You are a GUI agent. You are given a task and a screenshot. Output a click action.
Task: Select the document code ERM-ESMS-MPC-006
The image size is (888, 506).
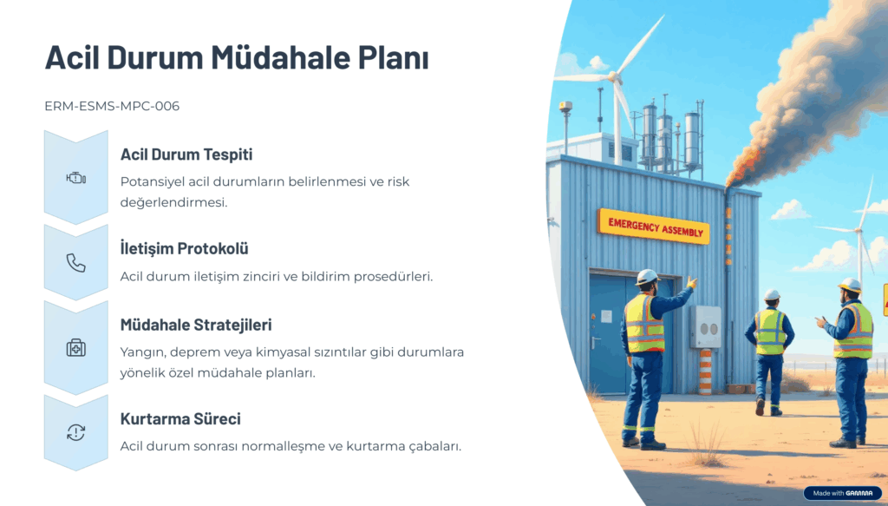[112, 106]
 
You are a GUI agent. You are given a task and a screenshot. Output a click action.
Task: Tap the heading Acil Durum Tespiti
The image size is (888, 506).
[186, 154]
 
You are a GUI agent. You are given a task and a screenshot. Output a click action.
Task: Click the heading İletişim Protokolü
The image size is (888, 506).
[184, 248]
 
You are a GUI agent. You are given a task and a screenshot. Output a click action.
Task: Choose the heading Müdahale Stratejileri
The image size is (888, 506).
[196, 325]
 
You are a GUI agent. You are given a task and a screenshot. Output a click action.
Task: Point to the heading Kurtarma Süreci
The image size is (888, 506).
[180, 418]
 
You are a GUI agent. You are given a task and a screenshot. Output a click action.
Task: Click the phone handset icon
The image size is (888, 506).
[76, 263]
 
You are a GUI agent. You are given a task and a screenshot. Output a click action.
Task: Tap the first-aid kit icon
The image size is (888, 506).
[76, 347]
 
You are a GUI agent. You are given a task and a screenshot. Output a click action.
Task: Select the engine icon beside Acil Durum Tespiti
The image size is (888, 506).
[76, 179]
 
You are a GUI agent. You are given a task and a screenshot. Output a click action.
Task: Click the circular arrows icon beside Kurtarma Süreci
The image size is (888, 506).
[76, 432]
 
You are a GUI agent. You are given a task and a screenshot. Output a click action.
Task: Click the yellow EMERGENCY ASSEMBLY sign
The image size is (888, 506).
[654, 227]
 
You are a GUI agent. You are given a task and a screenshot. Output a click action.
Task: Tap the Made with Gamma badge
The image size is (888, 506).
[843, 493]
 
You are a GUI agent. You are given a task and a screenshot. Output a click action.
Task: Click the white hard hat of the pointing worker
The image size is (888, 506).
[647, 277]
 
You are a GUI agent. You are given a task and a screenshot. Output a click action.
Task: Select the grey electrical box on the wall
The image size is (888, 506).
[706, 325]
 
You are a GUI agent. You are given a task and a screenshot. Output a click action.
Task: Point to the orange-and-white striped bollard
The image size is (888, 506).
[705, 371]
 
